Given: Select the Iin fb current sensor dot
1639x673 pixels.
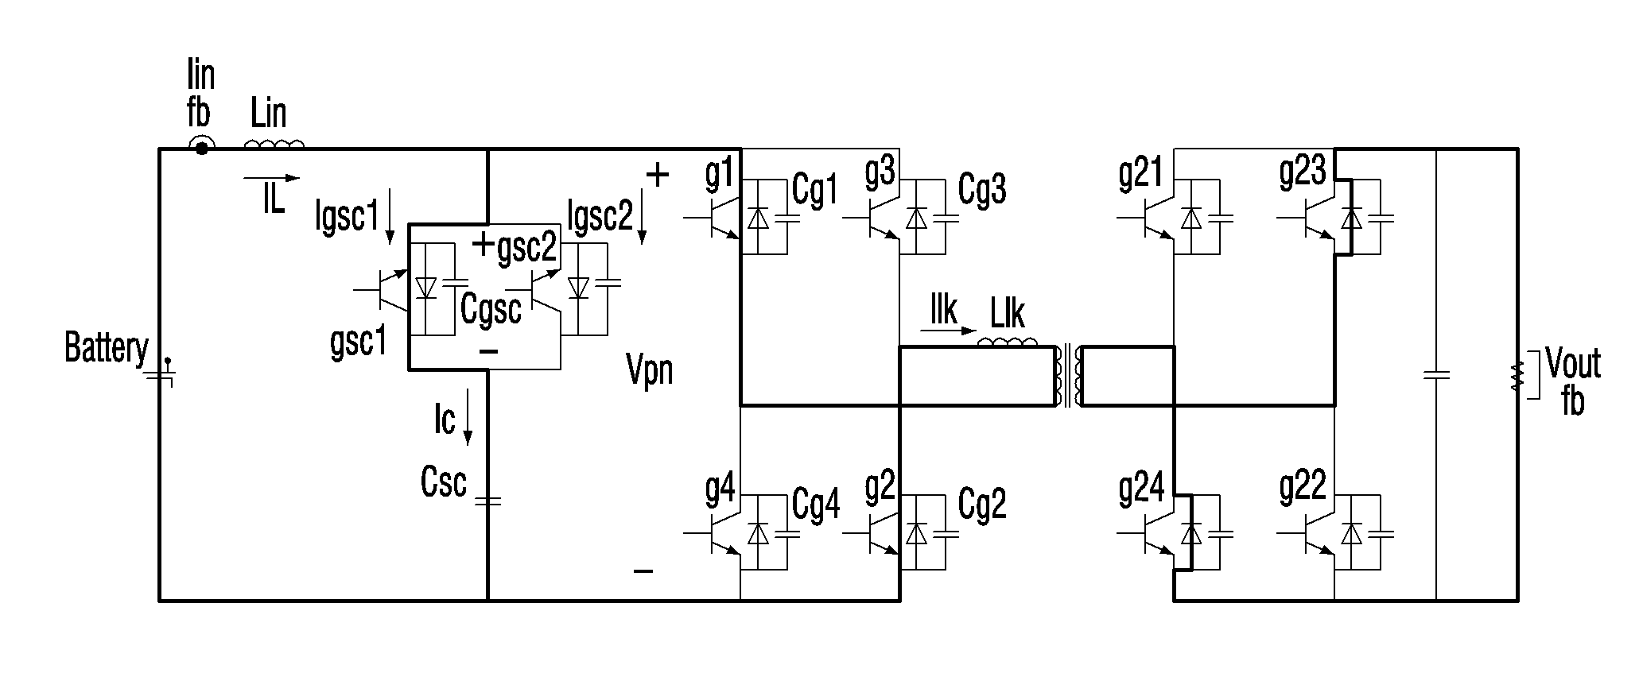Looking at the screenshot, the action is point(201,148).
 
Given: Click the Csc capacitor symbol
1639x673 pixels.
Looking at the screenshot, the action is point(487,501).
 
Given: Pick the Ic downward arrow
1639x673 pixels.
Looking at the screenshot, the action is point(468,416).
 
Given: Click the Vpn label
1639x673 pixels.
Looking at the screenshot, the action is point(650,369).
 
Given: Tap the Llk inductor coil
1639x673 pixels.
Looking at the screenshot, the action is point(1008,342).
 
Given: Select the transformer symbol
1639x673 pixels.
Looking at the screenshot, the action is point(1067,377).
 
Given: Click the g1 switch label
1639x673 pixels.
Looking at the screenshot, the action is point(719,174).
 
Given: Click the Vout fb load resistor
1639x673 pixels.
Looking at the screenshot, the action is point(1516,377).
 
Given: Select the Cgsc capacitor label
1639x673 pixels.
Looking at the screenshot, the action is point(491,308).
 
